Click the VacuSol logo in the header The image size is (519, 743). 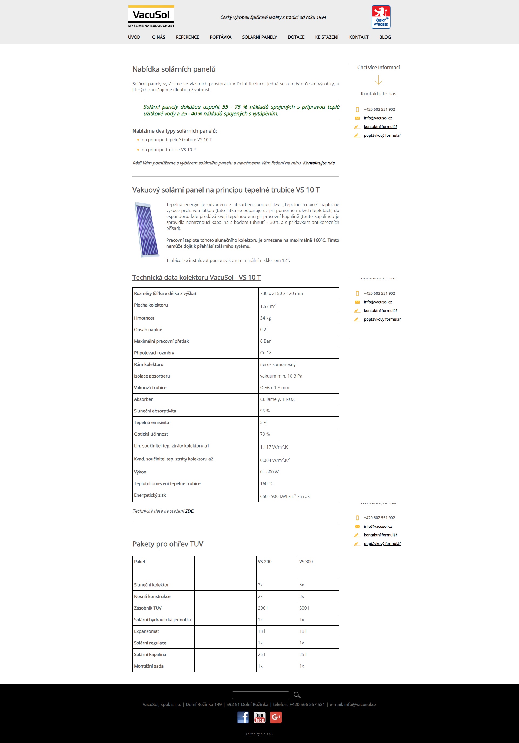point(151,16)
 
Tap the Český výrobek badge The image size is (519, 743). point(381,17)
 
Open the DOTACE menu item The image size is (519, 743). point(296,37)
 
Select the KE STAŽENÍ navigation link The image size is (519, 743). point(327,37)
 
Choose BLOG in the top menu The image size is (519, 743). point(385,37)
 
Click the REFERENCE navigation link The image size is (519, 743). point(187,37)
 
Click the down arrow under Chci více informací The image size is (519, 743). point(378,80)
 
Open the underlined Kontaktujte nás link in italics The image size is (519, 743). point(318,163)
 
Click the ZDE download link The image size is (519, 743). point(189,511)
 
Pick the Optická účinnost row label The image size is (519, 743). point(151,434)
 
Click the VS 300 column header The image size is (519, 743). point(306,562)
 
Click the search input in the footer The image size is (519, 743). point(261,695)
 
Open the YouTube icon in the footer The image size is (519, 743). point(259,717)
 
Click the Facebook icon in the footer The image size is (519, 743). point(243,717)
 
